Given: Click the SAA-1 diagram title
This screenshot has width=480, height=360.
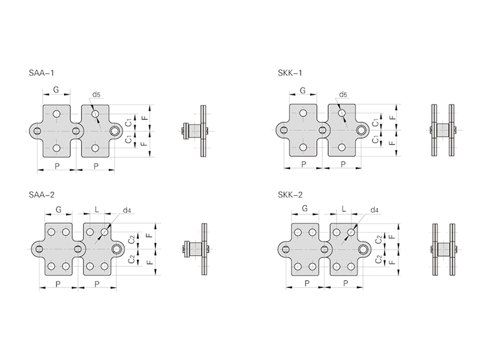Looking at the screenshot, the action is click(x=41, y=73).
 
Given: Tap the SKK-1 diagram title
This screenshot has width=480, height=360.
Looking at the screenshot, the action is click(x=290, y=73).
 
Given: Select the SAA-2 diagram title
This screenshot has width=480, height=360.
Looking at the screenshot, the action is click(x=41, y=194).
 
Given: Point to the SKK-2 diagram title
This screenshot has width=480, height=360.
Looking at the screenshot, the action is click(x=290, y=194).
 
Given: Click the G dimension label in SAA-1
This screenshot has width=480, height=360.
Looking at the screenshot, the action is click(x=56, y=89).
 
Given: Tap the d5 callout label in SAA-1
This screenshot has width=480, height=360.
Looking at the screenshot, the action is click(x=97, y=95).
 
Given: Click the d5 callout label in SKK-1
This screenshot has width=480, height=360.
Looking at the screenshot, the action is click(x=343, y=95).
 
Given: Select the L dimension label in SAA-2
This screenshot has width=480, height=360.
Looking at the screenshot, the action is click(x=97, y=209).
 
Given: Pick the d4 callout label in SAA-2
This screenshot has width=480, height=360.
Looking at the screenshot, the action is click(x=127, y=211).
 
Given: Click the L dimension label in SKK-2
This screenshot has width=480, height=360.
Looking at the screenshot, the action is click(x=344, y=209).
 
